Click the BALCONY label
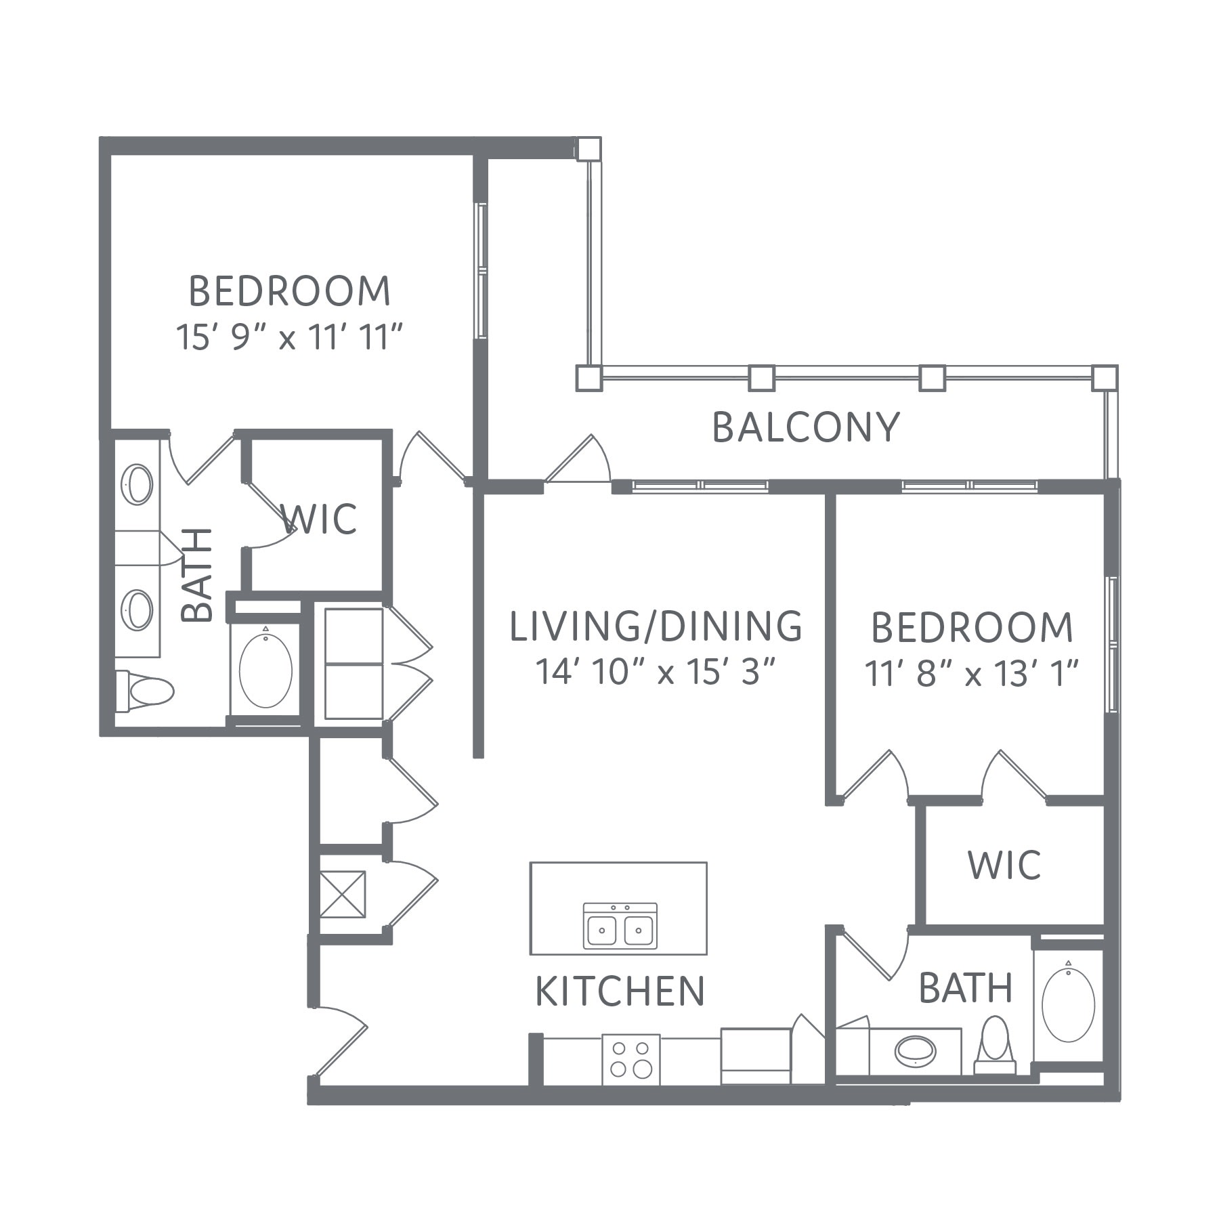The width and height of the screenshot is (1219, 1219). coord(806,427)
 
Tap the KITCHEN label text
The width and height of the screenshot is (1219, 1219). coord(620,991)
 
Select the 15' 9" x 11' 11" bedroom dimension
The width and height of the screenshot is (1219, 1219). coord(290,337)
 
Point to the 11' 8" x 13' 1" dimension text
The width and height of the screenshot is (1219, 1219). coord(972,674)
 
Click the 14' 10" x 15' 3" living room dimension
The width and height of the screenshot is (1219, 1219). coord(655,672)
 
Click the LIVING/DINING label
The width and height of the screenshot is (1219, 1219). coord(656,626)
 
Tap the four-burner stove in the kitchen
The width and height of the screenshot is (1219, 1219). coord(630,1060)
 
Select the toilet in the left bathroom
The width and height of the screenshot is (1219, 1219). coord(144,691)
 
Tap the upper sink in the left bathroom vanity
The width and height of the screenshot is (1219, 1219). coord(137,484)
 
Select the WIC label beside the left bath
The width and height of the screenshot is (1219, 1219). coord(319,519)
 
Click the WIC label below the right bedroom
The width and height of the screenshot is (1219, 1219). coord(1004,865)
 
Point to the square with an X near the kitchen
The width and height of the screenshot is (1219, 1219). coord(343,894)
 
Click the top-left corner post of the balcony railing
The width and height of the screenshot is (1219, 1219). coord(588,149)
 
